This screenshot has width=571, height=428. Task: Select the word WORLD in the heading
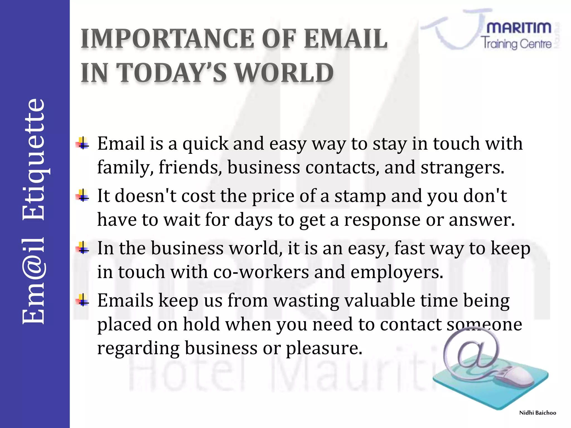click(284, 73)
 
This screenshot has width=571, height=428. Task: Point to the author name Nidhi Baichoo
click(538, 413)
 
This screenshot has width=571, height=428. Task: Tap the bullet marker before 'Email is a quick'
click(83, 144)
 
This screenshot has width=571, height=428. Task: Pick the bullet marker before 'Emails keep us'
click(83, 300)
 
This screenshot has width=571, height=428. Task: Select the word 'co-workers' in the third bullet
click(261, 272)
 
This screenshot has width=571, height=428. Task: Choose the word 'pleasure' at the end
click(324, 348)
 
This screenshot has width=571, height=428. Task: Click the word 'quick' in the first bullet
click(205, 144)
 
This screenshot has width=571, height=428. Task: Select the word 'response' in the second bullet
click(382, 220)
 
